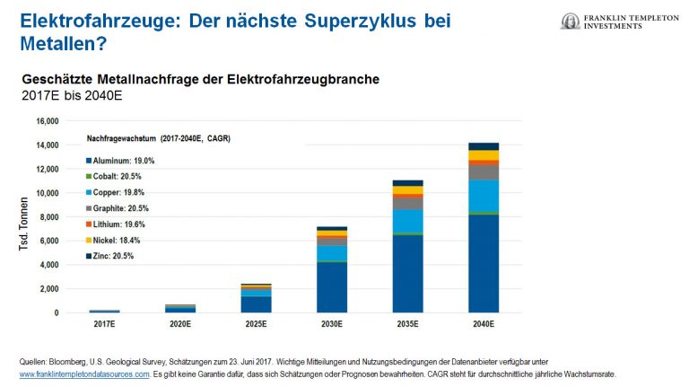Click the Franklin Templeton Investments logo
pyautogui.click(x=620, y=22)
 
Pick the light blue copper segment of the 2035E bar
pyautogui.click(x=408, y=221)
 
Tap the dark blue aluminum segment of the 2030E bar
pyautogui.click(x=333, y=287)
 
